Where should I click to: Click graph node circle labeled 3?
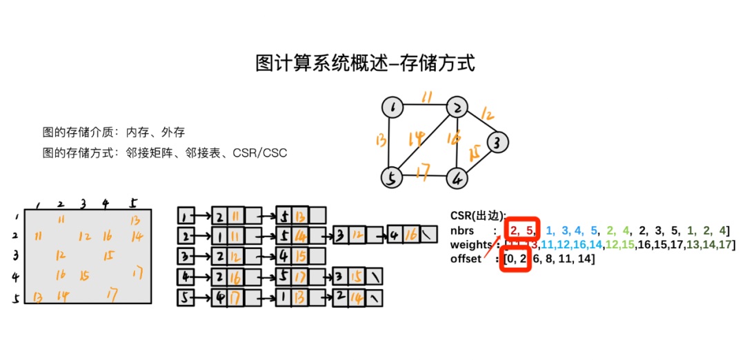tap(497, 143)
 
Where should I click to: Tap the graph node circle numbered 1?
tap(393, 108)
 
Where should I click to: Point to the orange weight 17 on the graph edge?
tap(424, 168)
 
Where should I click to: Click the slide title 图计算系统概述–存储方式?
tap(366, 63)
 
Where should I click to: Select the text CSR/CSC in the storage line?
tap(260, 152)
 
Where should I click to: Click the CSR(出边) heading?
tap(478, 215)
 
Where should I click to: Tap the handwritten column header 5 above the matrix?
tap(133, 203)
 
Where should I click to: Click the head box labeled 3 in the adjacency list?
tap(185, 257)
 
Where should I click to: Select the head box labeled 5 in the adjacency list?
tap(185, 299)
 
